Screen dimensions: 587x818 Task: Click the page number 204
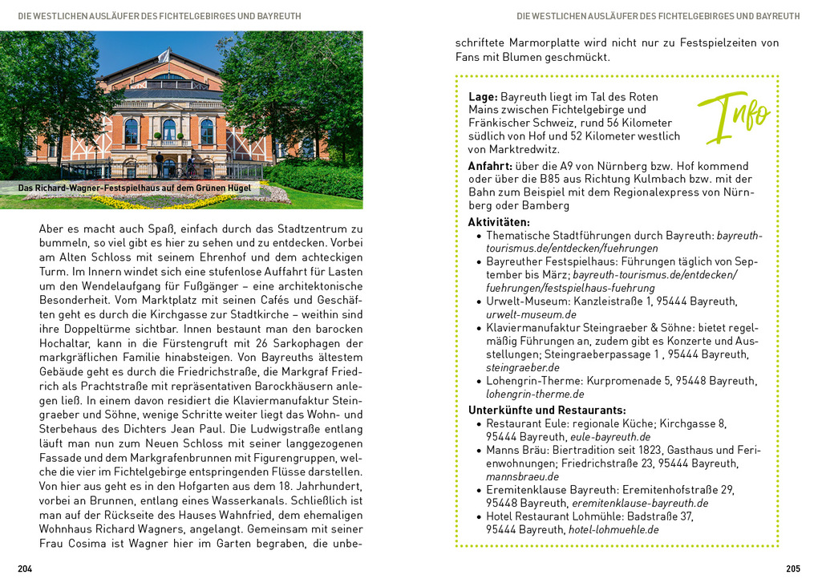point(25,569)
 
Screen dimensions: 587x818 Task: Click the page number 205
point(792,569)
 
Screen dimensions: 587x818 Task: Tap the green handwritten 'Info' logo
point(733,116)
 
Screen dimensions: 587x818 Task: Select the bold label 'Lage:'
point(483,96)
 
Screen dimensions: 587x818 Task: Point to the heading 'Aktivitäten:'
point(499,222)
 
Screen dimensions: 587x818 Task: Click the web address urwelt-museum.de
point(531,314)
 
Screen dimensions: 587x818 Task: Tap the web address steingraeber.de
point(523,367)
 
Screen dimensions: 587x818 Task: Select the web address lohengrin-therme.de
point(535,394)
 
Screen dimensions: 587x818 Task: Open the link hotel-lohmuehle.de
point(613,529)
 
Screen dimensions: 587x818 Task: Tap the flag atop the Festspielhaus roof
point(164,55)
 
